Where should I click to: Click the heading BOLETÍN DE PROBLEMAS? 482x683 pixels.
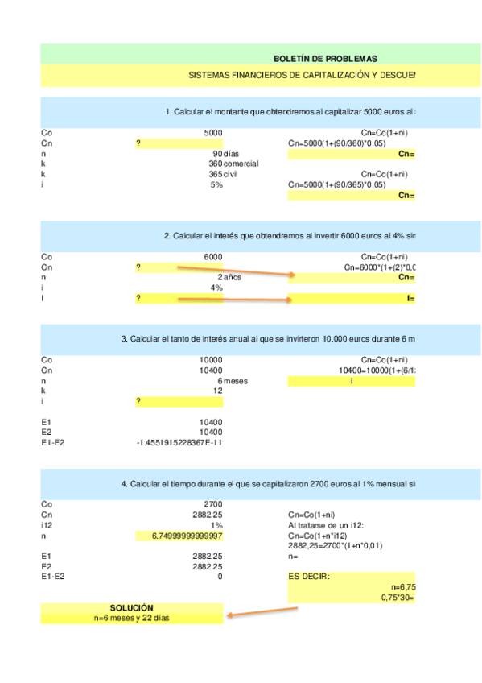[325, 59]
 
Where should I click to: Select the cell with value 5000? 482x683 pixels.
[213, 133]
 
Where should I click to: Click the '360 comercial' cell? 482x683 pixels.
[233, 164]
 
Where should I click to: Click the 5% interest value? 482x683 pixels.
[216, 184]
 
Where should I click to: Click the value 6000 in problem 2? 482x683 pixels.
[213, 257]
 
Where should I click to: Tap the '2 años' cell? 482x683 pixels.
[229, 277]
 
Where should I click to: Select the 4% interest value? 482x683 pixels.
[216, 288]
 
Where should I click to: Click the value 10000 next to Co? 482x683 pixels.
[211, 360]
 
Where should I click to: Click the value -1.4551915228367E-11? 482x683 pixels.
[180, 443]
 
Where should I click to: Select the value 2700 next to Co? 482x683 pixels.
[213, 504]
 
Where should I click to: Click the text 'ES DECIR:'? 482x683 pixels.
[309, 577]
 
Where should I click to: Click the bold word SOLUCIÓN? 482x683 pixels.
[132, 607]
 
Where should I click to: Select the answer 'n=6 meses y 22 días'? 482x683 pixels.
[132, 618]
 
